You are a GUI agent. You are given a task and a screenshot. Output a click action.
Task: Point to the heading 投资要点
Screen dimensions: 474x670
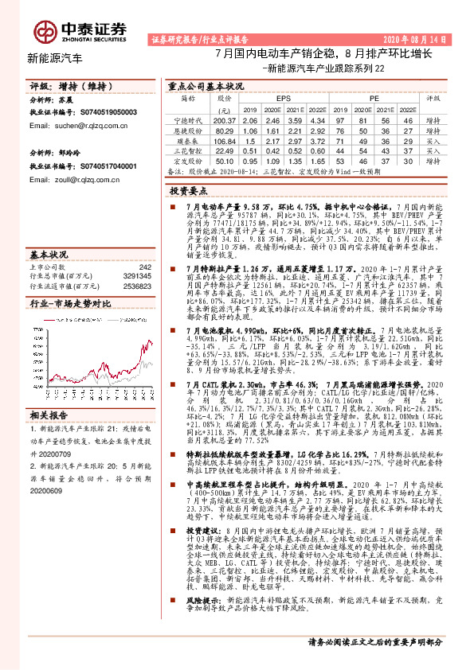click(190, 192)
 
